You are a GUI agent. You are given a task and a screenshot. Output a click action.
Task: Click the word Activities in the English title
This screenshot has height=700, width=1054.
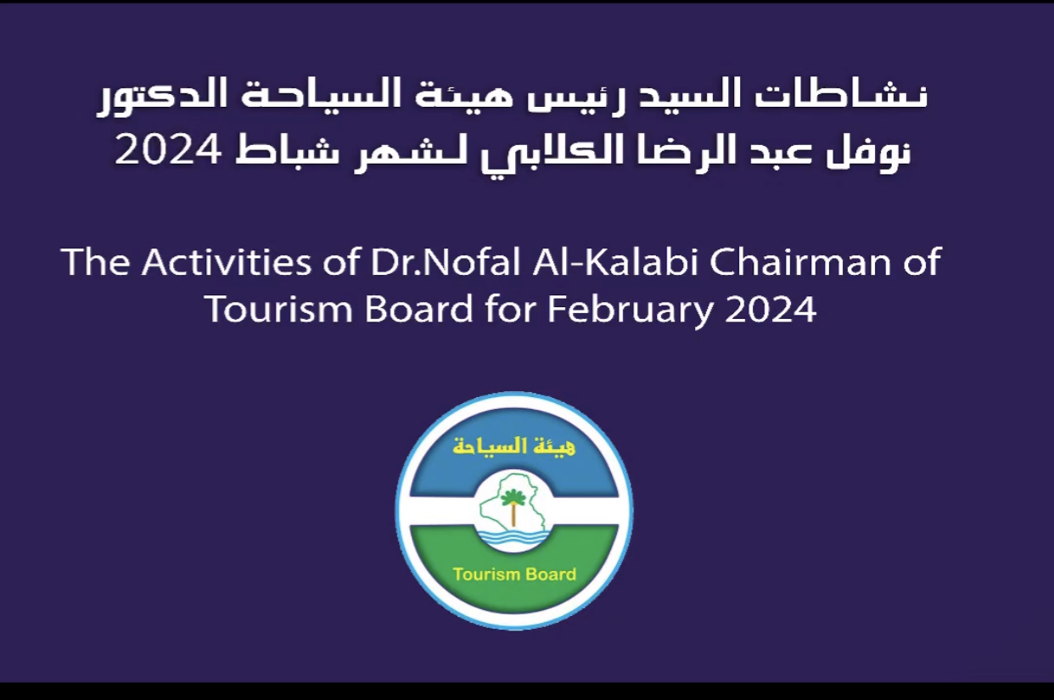(227, 261)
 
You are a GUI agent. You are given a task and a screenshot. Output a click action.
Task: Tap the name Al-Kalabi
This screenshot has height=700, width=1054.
(615, 261)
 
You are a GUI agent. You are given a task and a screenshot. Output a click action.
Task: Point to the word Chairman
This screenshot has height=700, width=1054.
(800, 261)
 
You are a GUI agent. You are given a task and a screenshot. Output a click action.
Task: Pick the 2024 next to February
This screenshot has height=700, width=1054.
(771, 309)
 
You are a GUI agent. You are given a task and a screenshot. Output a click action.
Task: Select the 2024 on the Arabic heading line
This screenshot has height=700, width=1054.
(167, 149)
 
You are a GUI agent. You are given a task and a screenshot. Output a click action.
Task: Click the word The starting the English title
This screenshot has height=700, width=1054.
(96, 261)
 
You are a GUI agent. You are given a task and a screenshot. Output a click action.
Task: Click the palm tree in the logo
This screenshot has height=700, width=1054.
(513, 506)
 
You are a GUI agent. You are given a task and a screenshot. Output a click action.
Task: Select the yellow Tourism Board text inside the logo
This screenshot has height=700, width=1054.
(514, 574)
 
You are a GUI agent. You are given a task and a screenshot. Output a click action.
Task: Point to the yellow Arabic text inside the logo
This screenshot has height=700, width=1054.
(513, 445)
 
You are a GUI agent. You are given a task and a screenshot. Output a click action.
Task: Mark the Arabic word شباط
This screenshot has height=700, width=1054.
(287, 150)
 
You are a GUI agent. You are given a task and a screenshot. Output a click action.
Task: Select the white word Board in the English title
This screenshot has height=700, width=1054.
(418, 309)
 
